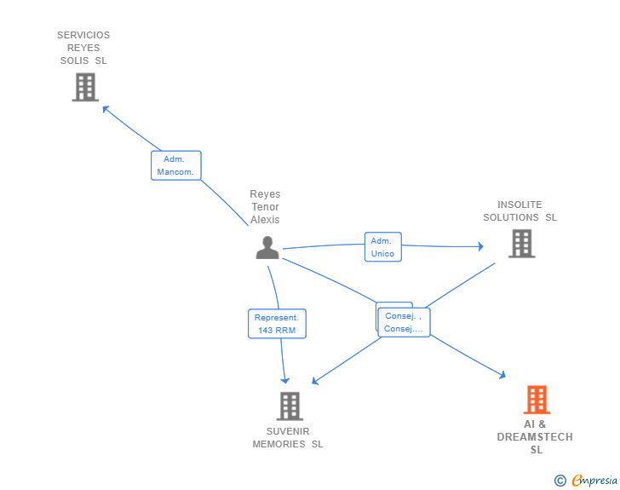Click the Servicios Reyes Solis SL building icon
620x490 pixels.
coord(85,87)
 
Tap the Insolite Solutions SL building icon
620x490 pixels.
coord(521,243)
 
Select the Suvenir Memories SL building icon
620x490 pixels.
coord(290,406)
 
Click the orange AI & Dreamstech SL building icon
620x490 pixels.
coord(536,399)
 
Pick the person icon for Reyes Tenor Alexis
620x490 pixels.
coord(267,247)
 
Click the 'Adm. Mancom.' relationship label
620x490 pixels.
coord(176,165)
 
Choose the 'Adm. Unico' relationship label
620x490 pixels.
coord(382,247)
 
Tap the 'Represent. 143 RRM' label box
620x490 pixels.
coord(277,324)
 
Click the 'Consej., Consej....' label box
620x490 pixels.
coord(404,322)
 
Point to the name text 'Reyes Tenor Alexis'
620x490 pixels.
coord(265,207)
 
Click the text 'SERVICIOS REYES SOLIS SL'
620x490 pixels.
coord(83,48)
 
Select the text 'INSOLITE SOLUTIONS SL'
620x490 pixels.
coord(520,210)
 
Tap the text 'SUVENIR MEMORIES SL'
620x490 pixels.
coord(288,437)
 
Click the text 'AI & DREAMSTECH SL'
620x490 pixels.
coord(535,436)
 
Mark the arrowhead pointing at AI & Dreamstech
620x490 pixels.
coord(502,374)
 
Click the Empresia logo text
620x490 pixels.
coord(594,480)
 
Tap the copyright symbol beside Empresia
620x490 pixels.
coord(560,481)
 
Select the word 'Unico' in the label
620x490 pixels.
coord(382,254)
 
